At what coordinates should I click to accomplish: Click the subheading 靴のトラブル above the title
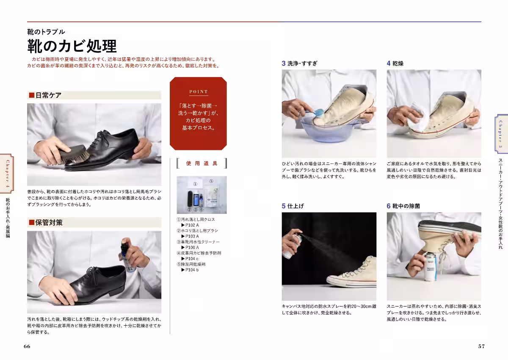(x=46, y=32)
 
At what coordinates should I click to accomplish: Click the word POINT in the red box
(x=198, y=91)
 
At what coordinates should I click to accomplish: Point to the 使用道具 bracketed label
(x=202, y=163)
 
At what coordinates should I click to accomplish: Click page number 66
(x=27, y=346)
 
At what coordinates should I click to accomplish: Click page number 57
(x=481, y=346)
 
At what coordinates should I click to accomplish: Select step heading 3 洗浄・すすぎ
(x=300, y=64)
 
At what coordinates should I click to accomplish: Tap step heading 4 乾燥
(x=395, y=64)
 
